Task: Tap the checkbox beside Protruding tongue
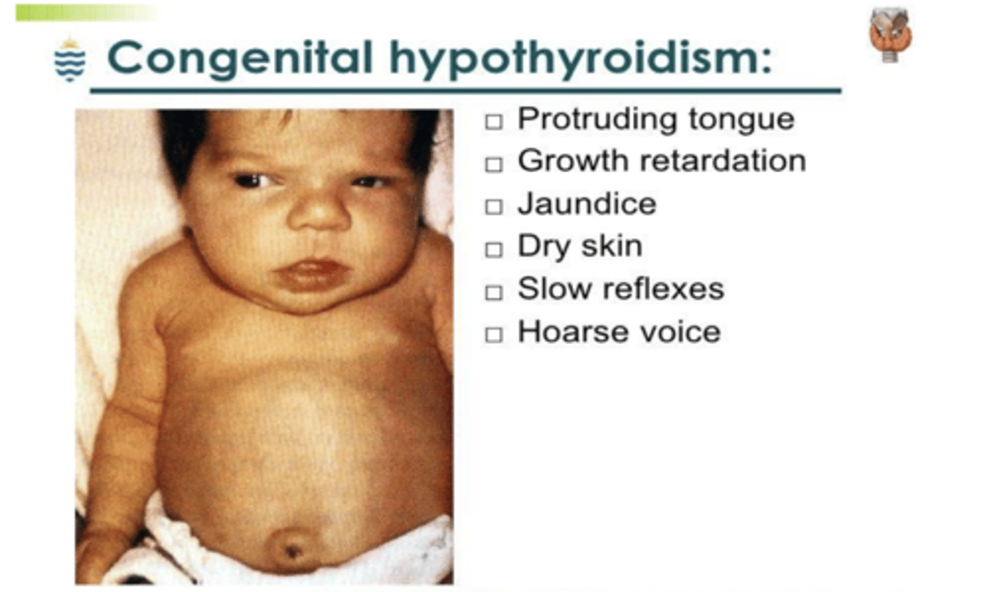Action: [x=493, y=122]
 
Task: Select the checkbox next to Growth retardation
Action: [x=493, y=164]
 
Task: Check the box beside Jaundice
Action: [x=493, y=207]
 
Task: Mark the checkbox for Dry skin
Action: [x=493, y=249]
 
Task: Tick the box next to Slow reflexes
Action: [x=493, y=293]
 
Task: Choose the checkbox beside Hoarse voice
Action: [x=493, y=335]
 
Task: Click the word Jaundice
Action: [x=587, y=204]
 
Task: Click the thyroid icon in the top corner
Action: [x=889, y=35]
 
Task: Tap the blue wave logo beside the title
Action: [x=70, y=60]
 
